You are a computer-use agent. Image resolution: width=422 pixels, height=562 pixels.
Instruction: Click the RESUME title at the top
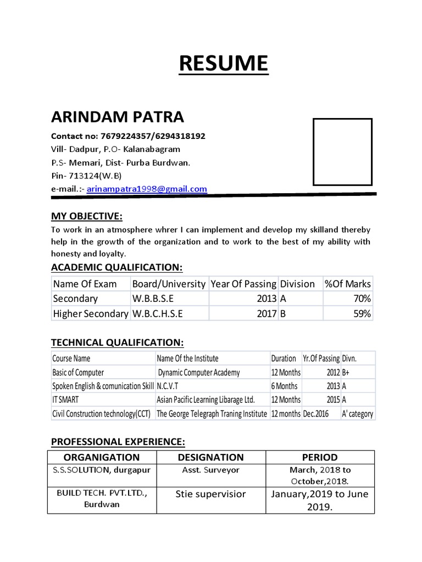click(223, 64)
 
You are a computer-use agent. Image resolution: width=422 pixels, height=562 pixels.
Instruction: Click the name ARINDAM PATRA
click(118, 117)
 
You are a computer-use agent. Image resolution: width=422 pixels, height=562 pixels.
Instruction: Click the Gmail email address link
click(155, 189)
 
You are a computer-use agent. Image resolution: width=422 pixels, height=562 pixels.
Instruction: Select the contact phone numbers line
click(128, 136)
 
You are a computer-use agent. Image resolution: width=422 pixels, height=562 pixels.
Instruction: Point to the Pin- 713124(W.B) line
click(86, 176)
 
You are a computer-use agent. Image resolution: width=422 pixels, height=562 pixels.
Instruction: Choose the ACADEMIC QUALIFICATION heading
click(116, 267)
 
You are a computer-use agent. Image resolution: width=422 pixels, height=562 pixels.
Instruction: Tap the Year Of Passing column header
click(243, 284)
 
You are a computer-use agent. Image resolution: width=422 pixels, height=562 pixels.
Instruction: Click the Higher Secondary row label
click(90, 313)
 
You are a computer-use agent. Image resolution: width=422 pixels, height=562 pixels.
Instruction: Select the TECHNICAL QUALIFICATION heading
click(117, 342)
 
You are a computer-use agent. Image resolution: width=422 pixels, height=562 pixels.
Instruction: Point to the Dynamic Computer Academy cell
click(199, 373)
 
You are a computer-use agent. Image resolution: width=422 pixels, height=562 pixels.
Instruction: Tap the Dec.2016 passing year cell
click(316, 414)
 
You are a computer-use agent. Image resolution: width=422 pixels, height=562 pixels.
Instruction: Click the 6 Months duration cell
click(284, 386)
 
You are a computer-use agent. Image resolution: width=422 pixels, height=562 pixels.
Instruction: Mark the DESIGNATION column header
click(212, 457)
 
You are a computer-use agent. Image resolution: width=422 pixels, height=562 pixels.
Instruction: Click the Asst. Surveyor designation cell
click(211, 470)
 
